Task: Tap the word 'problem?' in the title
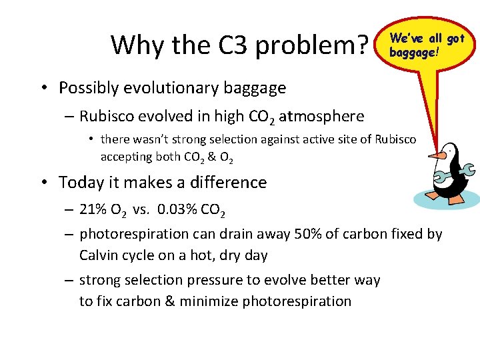(313, 45)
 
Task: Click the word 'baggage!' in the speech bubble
(414, 51)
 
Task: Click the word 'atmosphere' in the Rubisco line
(321, 116)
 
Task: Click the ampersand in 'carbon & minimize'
(169, 301)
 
